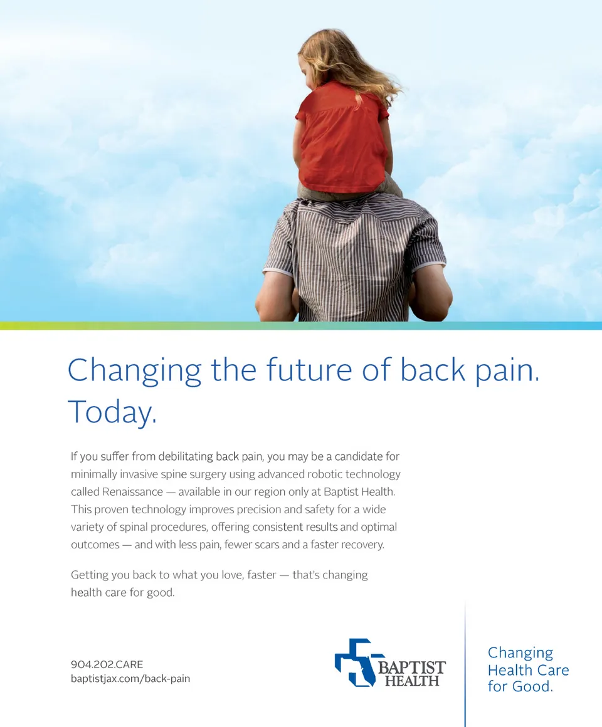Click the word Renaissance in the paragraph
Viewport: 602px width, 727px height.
click(x=133, y=492)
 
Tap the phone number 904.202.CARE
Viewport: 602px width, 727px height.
click(x=107, y=664)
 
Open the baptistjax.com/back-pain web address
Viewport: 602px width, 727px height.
click(x=130, y=679)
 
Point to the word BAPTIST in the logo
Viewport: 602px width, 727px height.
click(x=412, y=667)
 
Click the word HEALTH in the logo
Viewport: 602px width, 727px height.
click(x=412, y=681)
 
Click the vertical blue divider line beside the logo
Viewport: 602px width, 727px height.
click(x=465, y=664)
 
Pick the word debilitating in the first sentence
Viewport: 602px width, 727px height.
click(x=186, y=457)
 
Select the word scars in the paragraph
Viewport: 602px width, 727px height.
click(x=267, y=545)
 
